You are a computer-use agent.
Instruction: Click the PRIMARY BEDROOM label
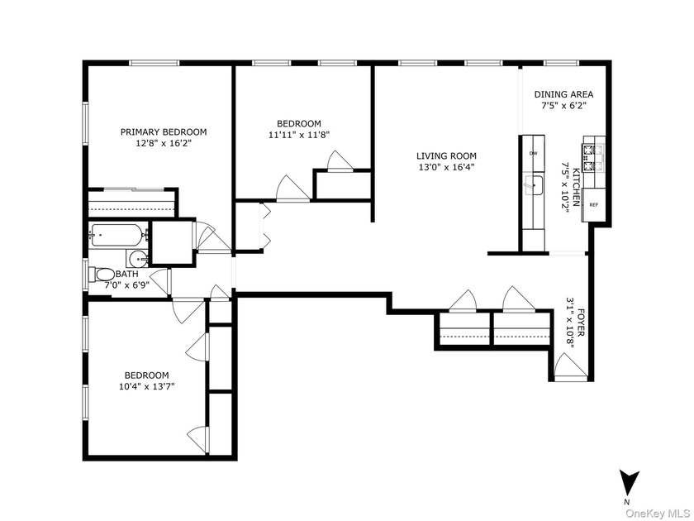tap(164, 132)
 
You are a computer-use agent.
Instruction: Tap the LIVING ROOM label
tap(446, 156)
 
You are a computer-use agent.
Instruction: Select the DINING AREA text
tap(563, 94)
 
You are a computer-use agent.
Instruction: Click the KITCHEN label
tap(576, 187)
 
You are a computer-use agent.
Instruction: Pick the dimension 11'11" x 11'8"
tap(299, 135)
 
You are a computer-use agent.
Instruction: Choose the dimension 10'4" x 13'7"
tap(146, 386)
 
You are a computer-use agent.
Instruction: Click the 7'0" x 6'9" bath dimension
tap(126, 285)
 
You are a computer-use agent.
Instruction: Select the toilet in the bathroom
tap(102, 275)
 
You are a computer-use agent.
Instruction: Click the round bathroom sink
tap(138, 257)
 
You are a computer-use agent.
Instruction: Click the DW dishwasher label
tap(534, 153)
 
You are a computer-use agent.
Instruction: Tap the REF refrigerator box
tap(593, 205)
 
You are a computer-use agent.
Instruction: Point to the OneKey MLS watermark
tap(658, 514)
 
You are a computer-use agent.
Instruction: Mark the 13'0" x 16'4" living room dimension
tap(446, 167)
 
